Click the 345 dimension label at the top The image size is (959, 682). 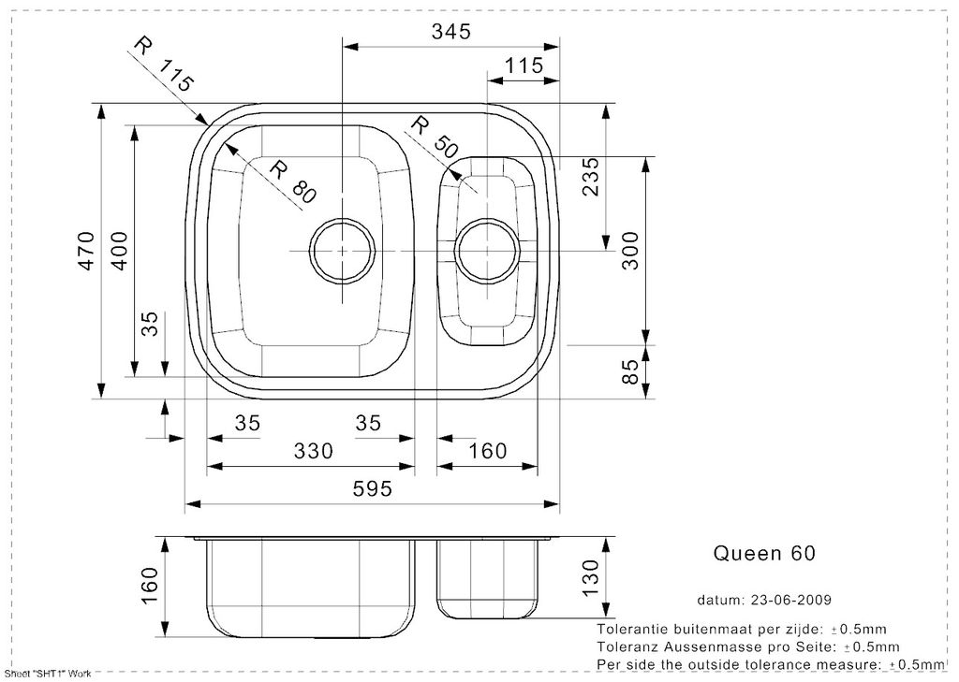[x=451, y=32]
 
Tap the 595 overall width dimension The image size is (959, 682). [x=372, y=488]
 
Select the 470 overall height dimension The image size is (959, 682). [x=86, y=251]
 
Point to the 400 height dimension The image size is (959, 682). [x=119, y=251]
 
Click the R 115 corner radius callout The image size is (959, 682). [x=163, y=63]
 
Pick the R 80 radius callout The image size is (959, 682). [x=293, y=181]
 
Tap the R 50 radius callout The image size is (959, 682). [x=435, y=137]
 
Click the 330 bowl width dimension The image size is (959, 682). [x=314, y=450]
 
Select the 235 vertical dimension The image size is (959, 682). [x=591, y=177]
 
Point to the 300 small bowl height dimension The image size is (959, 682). [x=629, y=251]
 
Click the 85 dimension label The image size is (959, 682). [x=629, y=371]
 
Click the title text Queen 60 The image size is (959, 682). [x=764, y=553]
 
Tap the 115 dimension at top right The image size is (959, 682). [x=524, y=65]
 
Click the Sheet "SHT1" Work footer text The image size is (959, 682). [x=48, y=674]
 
